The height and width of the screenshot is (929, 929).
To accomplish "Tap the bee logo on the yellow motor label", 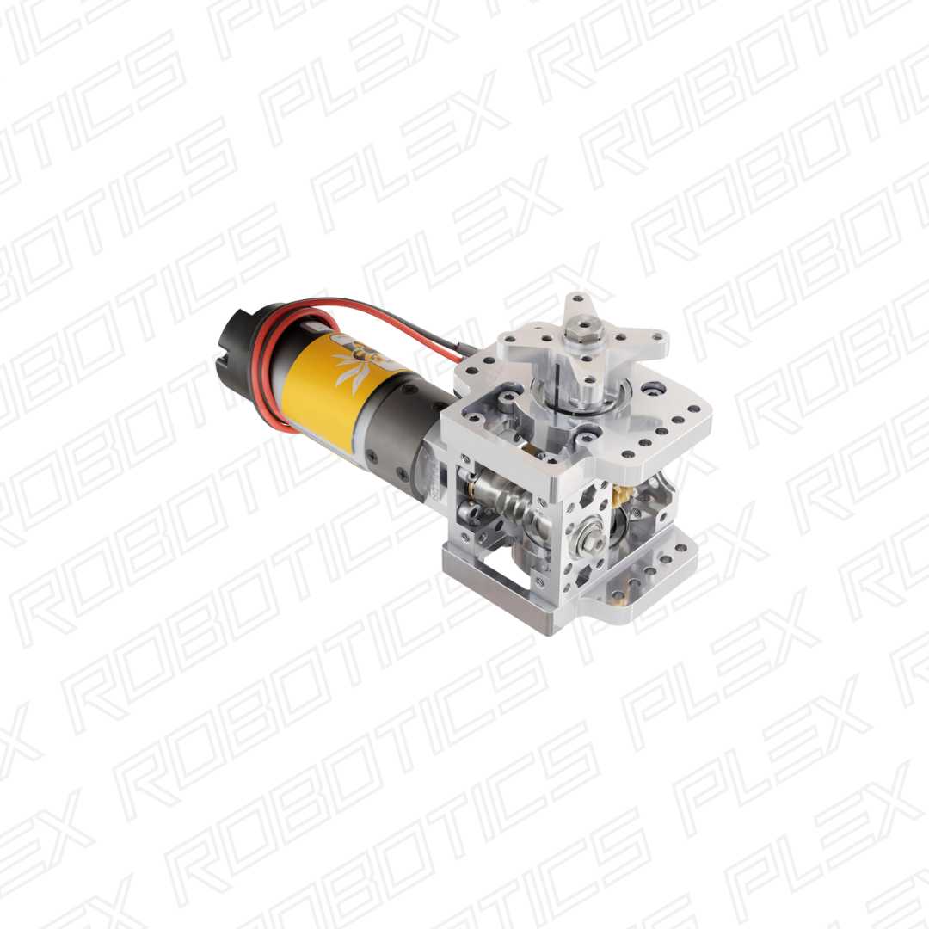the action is [x=355, y=361].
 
